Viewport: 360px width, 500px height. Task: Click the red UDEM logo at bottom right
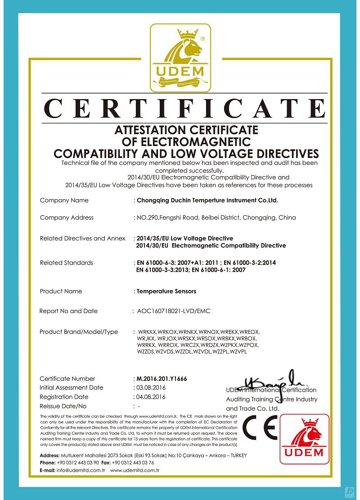coord(304,439)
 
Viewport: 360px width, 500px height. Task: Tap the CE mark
coord(260,428)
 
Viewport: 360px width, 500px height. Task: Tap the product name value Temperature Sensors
coord(166,291)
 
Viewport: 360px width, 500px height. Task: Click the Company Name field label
coord(64,200)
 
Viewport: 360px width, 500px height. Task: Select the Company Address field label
coord(67,218)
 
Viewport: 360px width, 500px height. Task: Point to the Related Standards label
coord(66,263)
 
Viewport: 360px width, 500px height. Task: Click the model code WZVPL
coord(238,351)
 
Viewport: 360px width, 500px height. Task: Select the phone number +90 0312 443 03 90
coord(78,463)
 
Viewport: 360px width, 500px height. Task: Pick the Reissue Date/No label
coord(63,406)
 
